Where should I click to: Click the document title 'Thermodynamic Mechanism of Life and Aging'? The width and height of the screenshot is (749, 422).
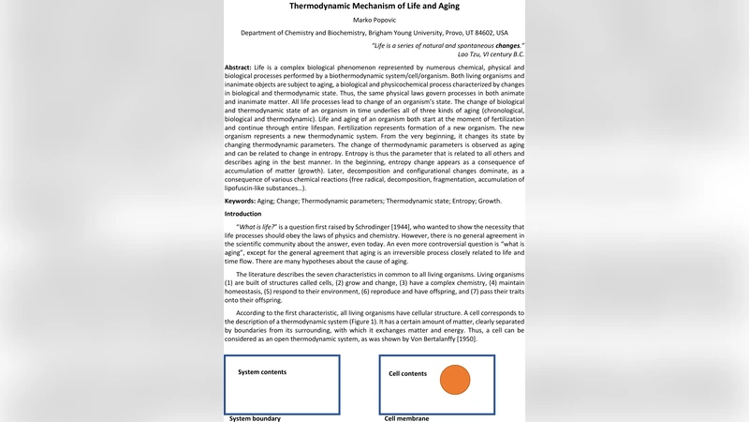(x=374, y=6)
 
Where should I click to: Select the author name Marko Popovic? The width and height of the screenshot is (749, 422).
(x=374, y=20)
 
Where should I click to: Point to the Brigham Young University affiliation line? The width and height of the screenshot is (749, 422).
(x=374, y=32)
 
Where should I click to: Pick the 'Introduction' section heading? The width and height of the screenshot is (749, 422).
(x=242, y=214)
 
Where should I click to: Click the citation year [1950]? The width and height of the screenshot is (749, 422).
(x=463, y=339)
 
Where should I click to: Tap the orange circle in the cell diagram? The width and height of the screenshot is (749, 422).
(x=454, y=379)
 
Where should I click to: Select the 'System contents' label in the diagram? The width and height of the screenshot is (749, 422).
(x=262, y=372)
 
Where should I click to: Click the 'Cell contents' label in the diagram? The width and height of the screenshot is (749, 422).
(x=407, y=373)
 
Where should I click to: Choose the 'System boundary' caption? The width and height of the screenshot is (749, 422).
(x=255, y=418)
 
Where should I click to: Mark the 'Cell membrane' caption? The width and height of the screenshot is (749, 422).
(x=406, y=418)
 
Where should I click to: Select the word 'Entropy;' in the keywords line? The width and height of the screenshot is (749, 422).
(x=455, y=201)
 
